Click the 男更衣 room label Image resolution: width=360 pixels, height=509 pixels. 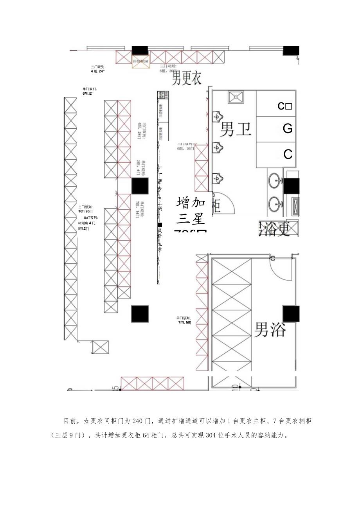[187, 77]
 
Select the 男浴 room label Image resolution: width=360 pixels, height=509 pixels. [270, 329]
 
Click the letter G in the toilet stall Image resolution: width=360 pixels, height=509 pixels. [288, 129]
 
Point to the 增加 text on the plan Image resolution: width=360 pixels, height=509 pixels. [191, 203]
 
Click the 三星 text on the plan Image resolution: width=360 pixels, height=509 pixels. [191, 219]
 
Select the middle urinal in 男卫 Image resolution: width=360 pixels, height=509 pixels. [217, 147]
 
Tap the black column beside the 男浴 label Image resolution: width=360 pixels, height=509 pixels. [291, 314]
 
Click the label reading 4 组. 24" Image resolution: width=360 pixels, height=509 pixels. [98, 71]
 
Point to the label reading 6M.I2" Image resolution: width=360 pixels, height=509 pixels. [88, 94]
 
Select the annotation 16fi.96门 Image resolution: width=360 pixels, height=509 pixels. [86, 211]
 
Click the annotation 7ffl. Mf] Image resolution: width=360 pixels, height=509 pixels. [184, 323]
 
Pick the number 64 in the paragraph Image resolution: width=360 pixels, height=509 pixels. [148, 435]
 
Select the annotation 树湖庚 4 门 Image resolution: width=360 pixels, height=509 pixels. [86, 223]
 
